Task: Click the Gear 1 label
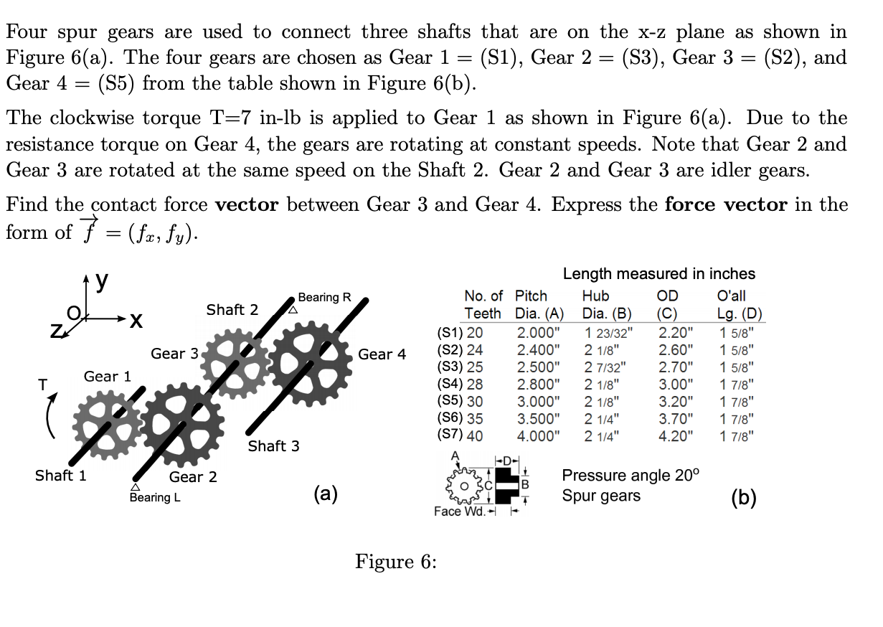pos(108,377)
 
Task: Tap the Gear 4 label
pos(382,354)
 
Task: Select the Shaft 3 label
pos(273,446)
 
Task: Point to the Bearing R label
pos(324,297)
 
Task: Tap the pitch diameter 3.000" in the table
pos(538,401)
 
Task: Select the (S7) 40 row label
pos(460,435)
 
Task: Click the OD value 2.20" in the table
pos(675,332)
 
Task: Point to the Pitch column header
pos(531,296)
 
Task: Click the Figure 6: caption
pos(396,561)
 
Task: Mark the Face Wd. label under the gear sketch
pos(458,511)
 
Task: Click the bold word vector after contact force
pos(247,204)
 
